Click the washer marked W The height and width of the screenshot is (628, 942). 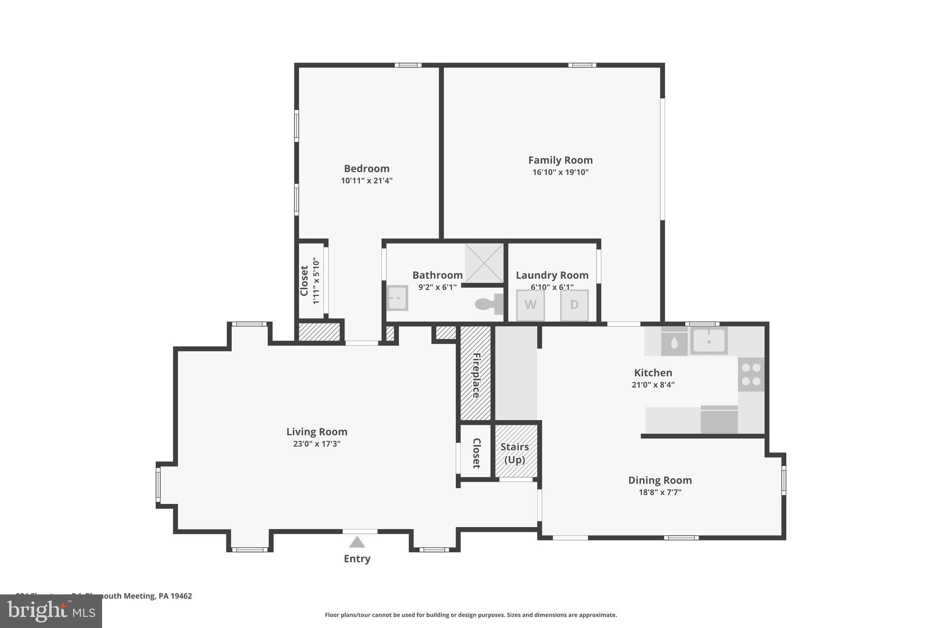530,305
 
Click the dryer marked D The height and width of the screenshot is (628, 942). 574,305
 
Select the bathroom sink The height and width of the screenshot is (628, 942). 397,298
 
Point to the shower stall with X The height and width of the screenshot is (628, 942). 484,263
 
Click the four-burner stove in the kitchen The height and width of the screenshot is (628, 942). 751,374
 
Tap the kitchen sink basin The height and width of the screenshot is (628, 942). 709,341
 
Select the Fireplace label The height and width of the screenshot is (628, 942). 476,375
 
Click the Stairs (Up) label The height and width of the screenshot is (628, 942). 515,453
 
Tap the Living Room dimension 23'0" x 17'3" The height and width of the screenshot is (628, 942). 316,444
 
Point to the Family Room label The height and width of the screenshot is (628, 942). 560,160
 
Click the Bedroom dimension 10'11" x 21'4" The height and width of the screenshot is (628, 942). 367,181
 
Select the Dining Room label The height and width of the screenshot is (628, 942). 660,480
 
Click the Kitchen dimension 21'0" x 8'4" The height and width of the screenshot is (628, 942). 653,385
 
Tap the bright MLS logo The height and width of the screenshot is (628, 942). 51,611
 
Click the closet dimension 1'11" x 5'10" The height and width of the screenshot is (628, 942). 316,281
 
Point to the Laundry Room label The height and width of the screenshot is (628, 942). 552,275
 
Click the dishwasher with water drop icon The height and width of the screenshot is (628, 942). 674,342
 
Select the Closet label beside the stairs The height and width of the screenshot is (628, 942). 476,453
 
